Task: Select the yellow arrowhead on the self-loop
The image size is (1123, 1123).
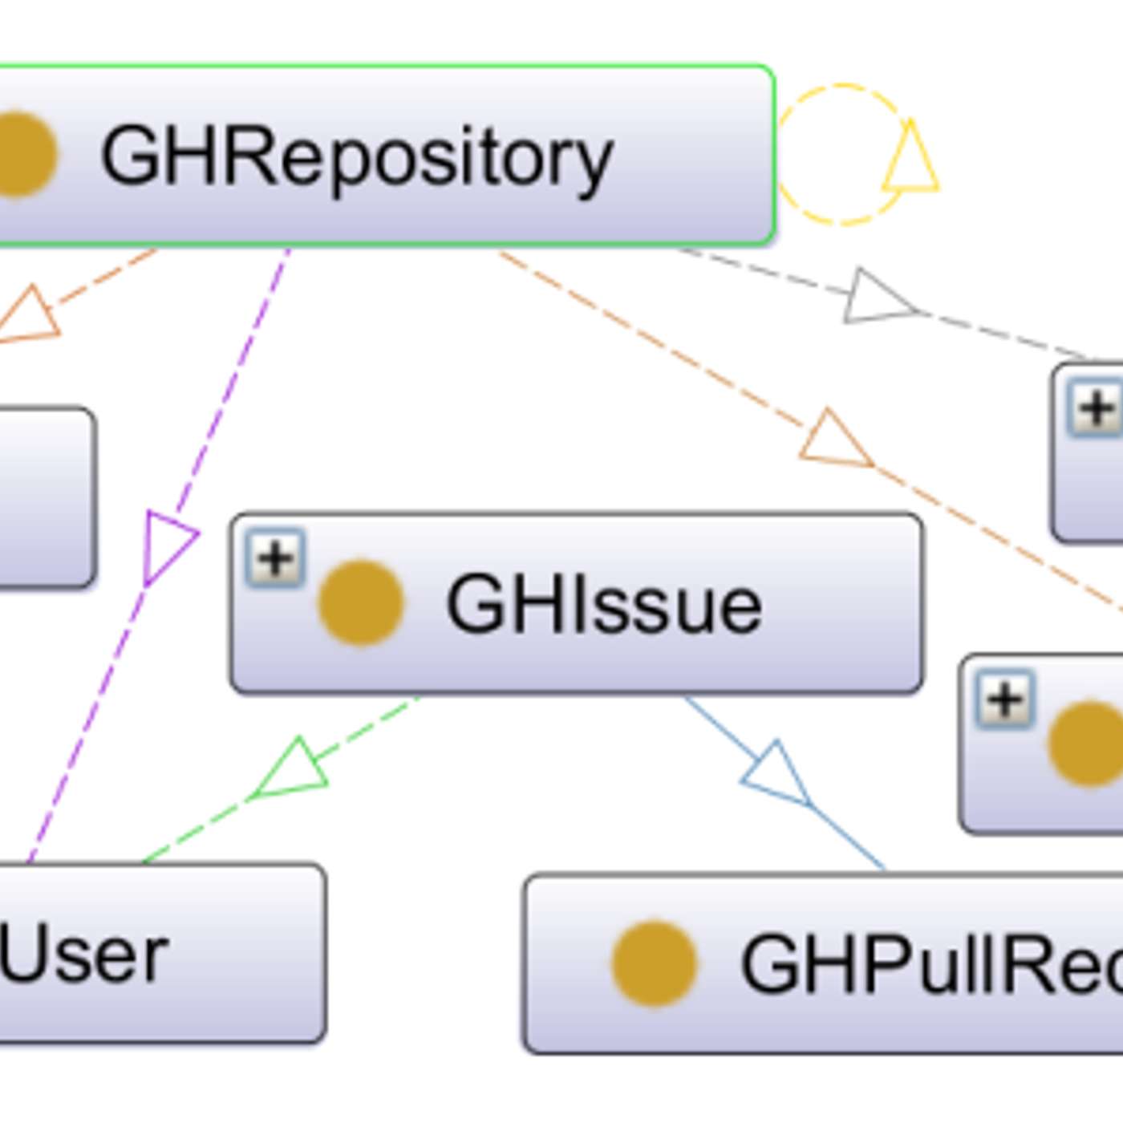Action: (x=911, y=160)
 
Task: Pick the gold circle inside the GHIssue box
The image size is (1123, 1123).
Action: (x=360, y=602)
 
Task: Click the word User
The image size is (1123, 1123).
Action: (x=84, y=955)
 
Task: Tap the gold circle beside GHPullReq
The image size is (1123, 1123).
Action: (x=654, y=963)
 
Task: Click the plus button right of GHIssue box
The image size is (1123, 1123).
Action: (x=1005, y=699)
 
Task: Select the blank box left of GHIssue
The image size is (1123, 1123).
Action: (x=44, y=497)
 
